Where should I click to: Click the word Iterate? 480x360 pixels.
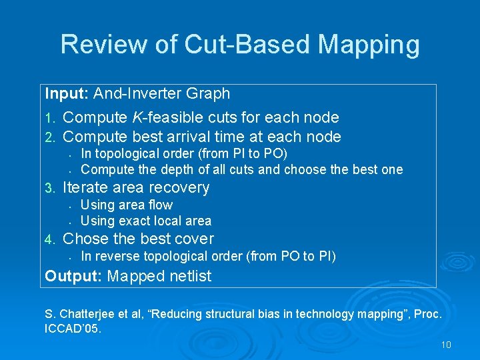pos(86,188)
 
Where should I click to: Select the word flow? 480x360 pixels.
pos(159,205)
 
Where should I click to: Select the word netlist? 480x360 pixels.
pos(191,276)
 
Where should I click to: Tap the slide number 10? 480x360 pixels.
pos(446,345)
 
